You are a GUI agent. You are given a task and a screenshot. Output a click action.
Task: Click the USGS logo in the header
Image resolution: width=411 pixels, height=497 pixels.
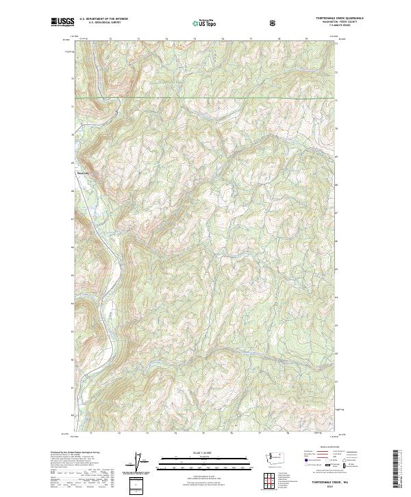click(x=62, y=22)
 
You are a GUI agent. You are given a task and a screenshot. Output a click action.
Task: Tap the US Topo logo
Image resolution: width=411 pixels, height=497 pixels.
click(x=206, y=23)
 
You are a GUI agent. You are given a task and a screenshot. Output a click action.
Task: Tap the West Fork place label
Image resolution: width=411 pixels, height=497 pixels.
click(x=82, y=173)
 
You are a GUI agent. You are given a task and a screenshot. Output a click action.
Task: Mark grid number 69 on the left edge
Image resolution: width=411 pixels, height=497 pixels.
click(x=72, y=163)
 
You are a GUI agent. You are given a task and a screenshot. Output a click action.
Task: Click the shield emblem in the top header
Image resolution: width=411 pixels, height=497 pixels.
click(x=275, y=22)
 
